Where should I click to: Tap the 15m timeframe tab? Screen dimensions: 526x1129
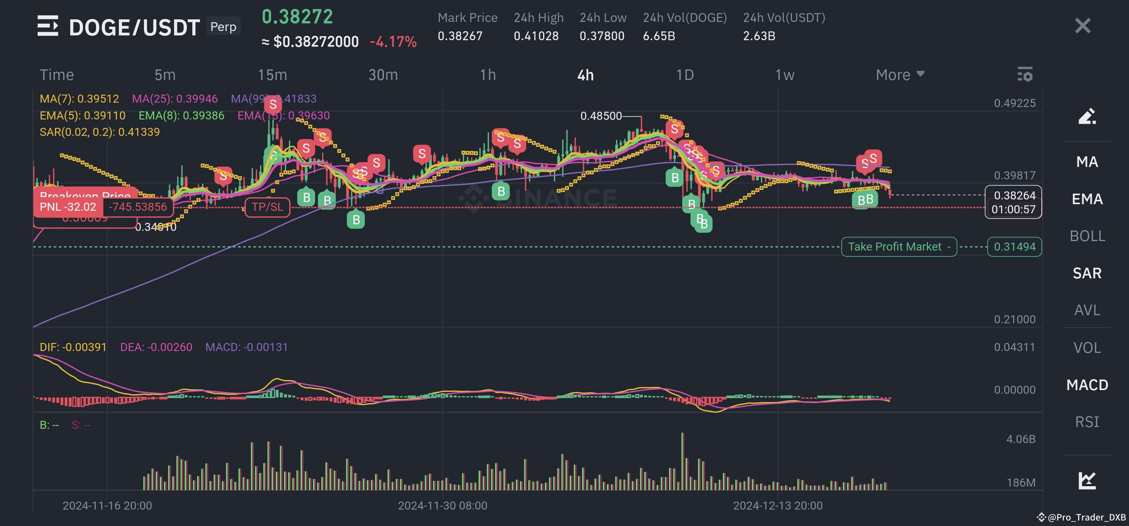pos(272,75)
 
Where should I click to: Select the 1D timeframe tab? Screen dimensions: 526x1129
pos(684,75)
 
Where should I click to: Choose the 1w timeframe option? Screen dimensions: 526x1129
pos(785,75)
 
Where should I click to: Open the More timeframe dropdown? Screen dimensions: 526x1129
pos(900,75)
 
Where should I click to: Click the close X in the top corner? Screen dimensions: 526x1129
pos(1082,26)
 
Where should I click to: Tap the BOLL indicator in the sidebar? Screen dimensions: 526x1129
pos(1087,236)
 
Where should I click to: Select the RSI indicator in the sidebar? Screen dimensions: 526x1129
pos(1087,422)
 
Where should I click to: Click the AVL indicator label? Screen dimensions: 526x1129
pos(1087,310)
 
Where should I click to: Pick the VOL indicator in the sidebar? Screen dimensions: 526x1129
pos(1087,348)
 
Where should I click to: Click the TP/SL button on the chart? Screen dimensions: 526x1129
pos(267,207)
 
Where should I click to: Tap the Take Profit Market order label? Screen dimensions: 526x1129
pos(898,247)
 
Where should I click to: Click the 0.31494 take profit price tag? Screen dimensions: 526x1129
pos(1014,247)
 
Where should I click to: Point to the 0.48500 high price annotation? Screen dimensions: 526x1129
pos(601,116)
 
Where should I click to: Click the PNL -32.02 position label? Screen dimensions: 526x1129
pos(68,207)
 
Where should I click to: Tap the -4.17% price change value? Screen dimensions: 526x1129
pos(393,42)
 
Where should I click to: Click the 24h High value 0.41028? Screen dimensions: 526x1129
pos(536,36)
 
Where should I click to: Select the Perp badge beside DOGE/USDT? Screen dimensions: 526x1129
pos(223,27)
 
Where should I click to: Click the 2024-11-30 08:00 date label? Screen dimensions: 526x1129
pos(442,506)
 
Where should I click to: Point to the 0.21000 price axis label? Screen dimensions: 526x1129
pos(1014,319)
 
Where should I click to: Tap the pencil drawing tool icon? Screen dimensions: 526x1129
pos(1087,117)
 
